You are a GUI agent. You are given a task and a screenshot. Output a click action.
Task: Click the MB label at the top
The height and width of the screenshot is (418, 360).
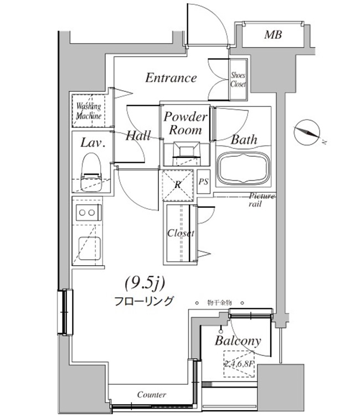[x=272, y=35]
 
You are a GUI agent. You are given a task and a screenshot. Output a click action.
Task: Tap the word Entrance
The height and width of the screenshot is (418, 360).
[x=171, y=78]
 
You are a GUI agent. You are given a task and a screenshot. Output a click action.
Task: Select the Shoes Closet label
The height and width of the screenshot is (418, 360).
[x=238, y=80]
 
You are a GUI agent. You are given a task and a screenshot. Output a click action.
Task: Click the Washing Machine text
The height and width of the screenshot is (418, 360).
[x=88, y=111]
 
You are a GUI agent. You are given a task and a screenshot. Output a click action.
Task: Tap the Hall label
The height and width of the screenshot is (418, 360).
[x=138, y=136]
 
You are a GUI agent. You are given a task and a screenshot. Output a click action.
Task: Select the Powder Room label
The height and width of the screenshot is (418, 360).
[x=185, y=123]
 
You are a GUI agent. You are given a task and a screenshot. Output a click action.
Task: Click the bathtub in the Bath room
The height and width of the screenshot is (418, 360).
[x=244, y=169]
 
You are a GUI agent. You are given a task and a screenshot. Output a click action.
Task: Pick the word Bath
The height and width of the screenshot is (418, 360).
[x=244, y=140]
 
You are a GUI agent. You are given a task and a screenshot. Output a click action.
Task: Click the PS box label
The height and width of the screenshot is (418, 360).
[x=203, y=182]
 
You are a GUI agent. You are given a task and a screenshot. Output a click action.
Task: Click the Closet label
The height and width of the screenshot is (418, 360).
[x=181, y=233]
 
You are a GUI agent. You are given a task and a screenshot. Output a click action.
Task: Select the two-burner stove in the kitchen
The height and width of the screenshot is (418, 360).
[x=88, y=213]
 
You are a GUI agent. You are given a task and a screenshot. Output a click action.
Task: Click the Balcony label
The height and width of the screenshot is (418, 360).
[x=238, y=341]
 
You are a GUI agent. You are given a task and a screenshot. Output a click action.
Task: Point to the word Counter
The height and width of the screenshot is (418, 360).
[x=151, y=395]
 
